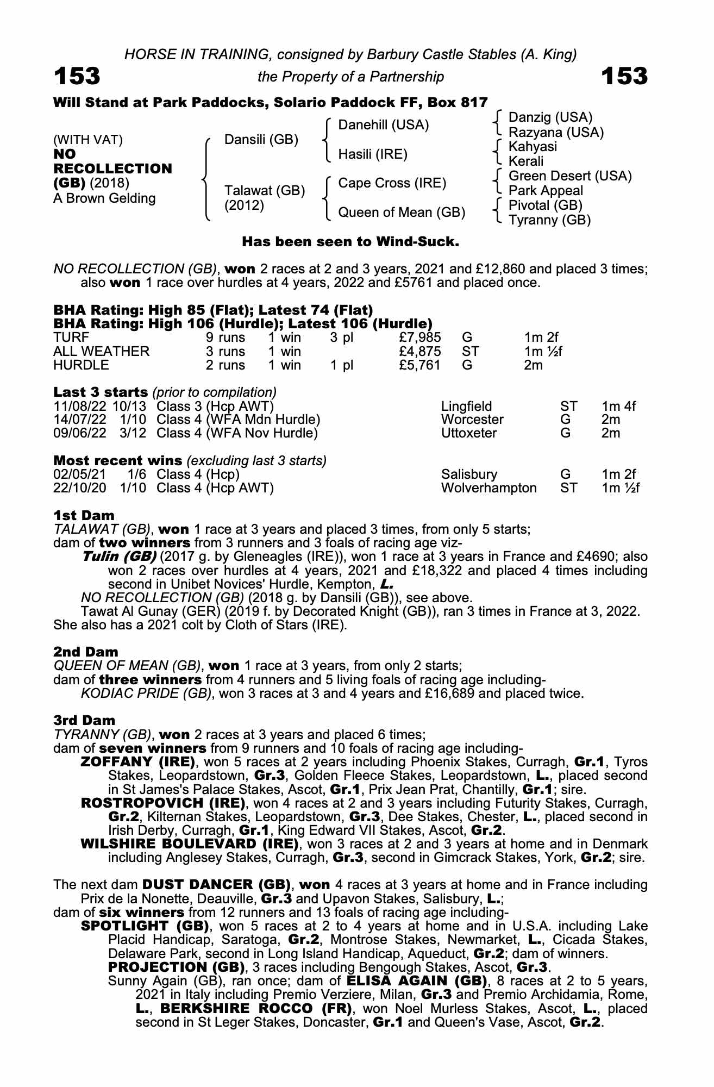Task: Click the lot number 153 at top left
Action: (x=77, y=76)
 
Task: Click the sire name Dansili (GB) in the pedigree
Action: (x=261, y=140)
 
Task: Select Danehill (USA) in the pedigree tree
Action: (x=383, y=125)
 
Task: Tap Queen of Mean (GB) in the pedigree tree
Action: (x=402, y=213)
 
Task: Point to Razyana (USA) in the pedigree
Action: (x=556, y=133)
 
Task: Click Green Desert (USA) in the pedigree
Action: (x=570, y=176)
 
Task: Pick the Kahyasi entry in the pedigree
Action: (x=533, y=147)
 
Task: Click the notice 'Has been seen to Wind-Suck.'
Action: (x=350, y=241)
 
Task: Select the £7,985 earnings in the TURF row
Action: (x=419, y=338)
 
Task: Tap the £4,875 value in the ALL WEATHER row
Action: (x=419, y=352)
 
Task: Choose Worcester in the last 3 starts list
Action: (x=472, y=420)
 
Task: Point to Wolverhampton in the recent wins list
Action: (x=488, y=488)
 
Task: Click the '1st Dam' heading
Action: (x=84, y=515)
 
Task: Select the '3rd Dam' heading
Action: (x=84, y=720)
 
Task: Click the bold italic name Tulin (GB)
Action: (x=119, y=557)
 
